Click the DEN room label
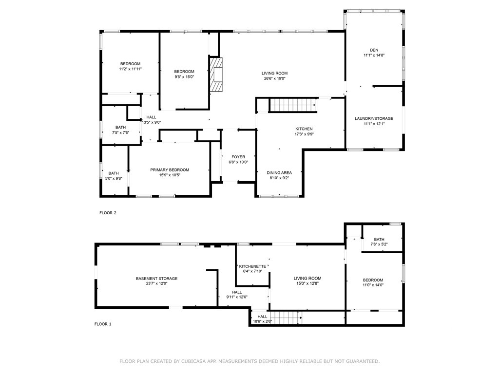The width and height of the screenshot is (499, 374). (374, 50)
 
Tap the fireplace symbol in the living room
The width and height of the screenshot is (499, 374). (216, 75)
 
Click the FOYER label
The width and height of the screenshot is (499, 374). (238, 157)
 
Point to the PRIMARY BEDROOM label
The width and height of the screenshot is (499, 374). (169, 169)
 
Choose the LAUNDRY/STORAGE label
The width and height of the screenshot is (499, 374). (374, 118)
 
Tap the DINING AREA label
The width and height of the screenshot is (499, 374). (279, 172)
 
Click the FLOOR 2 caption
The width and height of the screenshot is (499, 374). (108, 213)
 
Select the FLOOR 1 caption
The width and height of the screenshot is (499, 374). (103, 324)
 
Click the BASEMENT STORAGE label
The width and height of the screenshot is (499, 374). (156, 279)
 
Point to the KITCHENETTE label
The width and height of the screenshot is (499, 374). (252, 266)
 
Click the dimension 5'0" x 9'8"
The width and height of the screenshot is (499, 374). (114, 179)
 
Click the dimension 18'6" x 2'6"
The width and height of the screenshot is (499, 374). (262, 321)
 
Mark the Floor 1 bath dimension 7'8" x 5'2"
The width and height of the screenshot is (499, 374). (379, 244)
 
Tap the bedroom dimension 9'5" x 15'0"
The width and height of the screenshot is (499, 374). (184, 76)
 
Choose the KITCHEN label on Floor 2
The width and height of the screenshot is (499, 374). (304, 129)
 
